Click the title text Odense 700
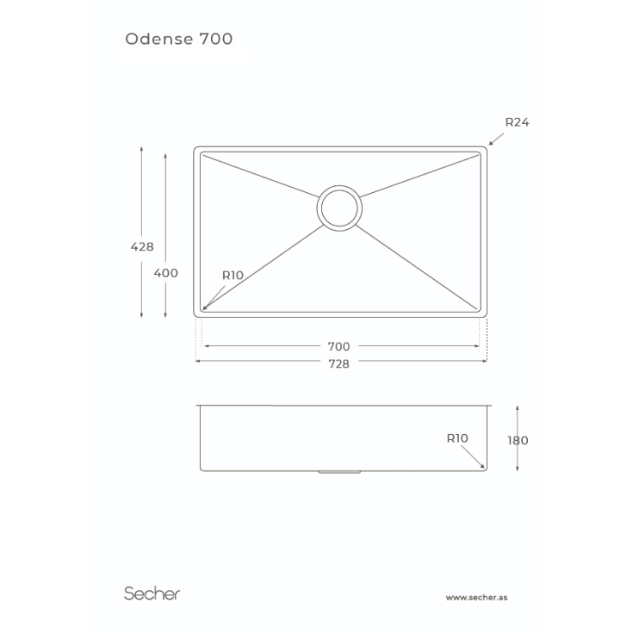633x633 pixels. point(179,39)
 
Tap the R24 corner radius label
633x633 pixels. point(517,122)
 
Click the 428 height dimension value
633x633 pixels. point(142,246)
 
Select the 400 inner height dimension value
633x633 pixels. point(165,273)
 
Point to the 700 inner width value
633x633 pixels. point(338,347)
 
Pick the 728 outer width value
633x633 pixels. point(338,364)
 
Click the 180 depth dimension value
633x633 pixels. point(518,440)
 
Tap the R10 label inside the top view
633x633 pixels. point(233,276)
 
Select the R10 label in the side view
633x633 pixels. point(457,438)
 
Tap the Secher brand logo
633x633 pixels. point(152,593)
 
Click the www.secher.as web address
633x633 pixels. point(476,598)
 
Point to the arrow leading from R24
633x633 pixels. point(497,139)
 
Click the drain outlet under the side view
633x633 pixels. point(339,472)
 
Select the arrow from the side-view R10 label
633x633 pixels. point(473,456)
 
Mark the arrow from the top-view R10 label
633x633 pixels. point(214,297)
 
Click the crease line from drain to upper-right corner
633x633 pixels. point(419,176)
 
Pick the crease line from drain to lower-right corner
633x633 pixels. point(416,267)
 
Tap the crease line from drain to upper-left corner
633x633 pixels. point(260,176)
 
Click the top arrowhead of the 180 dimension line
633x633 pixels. point(518,408)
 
